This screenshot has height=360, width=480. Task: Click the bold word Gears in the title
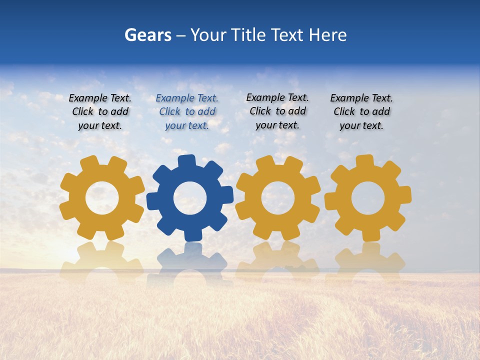[147, 35]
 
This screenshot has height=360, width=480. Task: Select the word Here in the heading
[327, 35]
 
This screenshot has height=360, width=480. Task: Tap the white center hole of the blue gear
[190, 198]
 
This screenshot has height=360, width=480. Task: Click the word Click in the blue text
[169, 112]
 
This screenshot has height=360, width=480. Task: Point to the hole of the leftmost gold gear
[102, 198]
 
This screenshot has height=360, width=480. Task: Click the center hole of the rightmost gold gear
[368, 198]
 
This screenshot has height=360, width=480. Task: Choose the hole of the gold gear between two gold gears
[278, 198]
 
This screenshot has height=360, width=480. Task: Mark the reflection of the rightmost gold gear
[368, 260]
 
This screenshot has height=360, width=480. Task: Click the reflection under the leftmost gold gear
[102, 260]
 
